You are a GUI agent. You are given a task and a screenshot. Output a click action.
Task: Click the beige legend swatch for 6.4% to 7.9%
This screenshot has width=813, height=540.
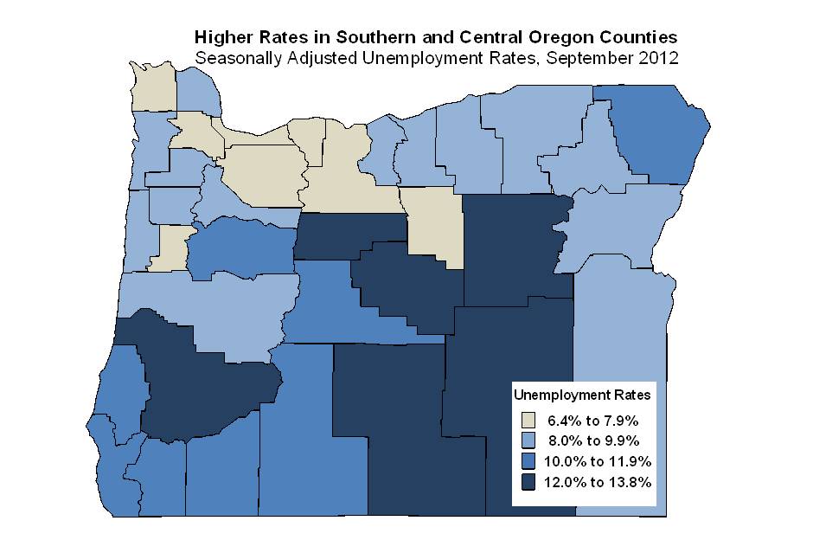coord(528,421)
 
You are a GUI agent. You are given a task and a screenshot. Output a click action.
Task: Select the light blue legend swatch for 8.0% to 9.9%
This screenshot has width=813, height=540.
coord(528,441)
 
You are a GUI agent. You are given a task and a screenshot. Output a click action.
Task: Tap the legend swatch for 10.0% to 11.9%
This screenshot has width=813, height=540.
coord(528,461)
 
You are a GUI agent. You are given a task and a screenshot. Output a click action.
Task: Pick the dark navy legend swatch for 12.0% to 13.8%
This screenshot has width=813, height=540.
coord(528,481)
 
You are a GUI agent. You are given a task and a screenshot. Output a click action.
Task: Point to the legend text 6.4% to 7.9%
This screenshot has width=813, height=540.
coord(592,421)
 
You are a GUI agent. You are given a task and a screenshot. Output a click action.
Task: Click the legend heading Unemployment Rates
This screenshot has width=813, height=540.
coord(582,395)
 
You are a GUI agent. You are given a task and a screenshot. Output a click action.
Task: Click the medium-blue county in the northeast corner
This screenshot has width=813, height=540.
coord(662,130)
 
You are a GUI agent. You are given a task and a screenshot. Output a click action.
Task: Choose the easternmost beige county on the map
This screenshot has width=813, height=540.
coord(435,225)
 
